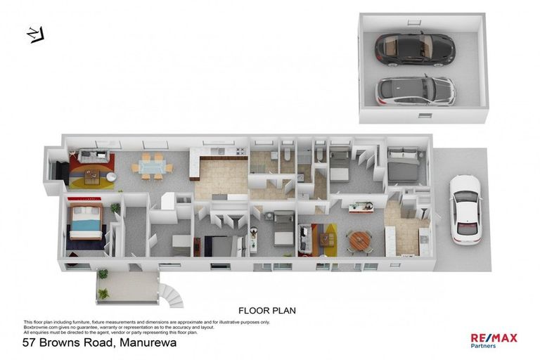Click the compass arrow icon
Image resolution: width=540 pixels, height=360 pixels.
coord(34,33)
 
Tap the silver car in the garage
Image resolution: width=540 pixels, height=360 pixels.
coord(415,90)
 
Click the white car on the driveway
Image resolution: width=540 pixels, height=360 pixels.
coord(465,208)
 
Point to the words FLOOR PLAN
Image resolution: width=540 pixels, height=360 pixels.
coord(267,310)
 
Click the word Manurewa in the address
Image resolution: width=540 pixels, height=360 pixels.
coord(148,343)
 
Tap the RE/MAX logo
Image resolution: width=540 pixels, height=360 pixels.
coord(494,337)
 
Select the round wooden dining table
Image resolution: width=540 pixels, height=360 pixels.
coord(360,240)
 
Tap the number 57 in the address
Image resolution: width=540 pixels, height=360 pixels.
coord(30,343)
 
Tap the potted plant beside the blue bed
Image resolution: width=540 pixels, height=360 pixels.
coord(114,208)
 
